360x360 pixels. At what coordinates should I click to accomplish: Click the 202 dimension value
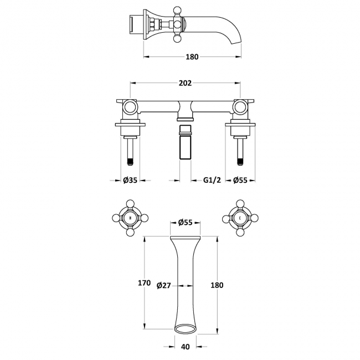tap(185, 83)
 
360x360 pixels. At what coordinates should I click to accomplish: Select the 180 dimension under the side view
tap(192, 56)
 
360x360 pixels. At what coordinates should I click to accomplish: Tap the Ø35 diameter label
tap(130, 180)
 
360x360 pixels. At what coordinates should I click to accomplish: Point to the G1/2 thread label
tap(212, 180)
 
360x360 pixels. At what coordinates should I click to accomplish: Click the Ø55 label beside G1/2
tap(240, 180)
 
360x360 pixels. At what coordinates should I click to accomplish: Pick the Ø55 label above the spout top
tap(186, 222)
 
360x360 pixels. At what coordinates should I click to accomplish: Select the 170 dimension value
tap(144, 283)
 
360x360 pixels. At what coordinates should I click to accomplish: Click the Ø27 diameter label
tap(164, 286)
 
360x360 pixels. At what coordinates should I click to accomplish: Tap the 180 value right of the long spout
tap(217, 285)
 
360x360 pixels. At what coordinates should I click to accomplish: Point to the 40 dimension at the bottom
tap(186, 347)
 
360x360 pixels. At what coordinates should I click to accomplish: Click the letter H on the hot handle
tap(130, 218)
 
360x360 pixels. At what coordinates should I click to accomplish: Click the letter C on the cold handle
tap(240, 218)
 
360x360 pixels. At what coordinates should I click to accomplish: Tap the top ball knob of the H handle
tap(130, 203)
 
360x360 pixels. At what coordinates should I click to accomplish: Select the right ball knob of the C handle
tap(255, 218)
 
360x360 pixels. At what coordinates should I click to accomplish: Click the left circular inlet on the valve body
tap(130, 107)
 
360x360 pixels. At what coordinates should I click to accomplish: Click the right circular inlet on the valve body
tap(240, 107)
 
